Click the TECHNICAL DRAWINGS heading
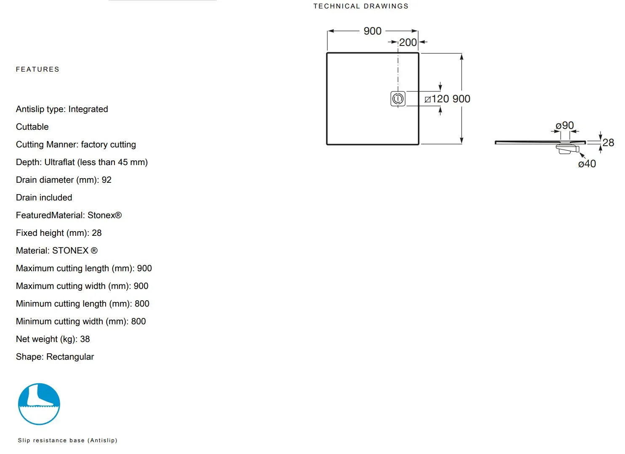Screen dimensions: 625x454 (361, 6)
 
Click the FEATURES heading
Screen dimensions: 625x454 (37, 69)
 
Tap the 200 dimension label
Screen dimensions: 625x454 (408, 43)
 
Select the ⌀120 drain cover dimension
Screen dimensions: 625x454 (437, 99)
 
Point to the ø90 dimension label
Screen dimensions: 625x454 (564, 126)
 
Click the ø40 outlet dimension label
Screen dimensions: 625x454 (587, 164)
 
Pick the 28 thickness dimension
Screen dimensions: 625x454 (608, 143)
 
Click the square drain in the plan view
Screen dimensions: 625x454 (398, 99)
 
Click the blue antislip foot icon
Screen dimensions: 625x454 (39, 404)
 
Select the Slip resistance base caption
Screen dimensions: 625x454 (67, 441)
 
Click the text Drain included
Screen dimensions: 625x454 (44, 198)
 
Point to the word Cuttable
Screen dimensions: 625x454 (32, 127)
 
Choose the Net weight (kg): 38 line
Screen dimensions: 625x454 (53, 339)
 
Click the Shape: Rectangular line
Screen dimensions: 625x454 (55, 357)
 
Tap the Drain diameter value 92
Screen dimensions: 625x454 (106, 180)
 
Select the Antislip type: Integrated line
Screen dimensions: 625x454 (62, 109)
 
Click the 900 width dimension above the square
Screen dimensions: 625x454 (372, 31)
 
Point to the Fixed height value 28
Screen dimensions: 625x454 (97, 233)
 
